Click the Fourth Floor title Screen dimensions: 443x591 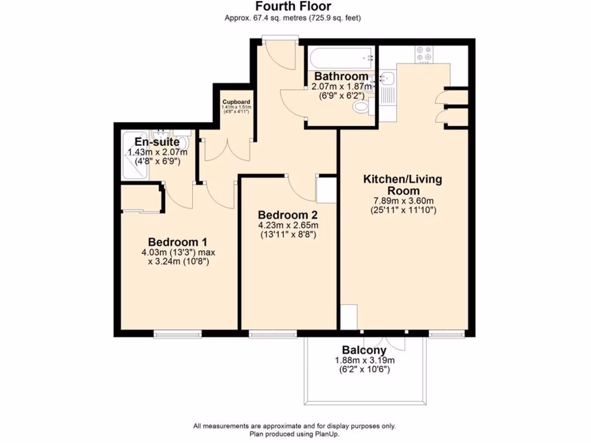pos(293,6)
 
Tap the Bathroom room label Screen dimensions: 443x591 pos(341,76)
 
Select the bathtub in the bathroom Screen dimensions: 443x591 pos(341,58)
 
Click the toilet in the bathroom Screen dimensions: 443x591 pos(361,107)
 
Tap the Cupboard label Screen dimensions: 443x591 pos(237,102)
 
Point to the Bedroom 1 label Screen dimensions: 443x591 pos(177,242)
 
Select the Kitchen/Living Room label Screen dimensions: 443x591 pos(402,185)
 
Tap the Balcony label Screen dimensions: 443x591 pos(364,350)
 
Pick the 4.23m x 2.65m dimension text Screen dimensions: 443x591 pos(288,225)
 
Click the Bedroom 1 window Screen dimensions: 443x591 pos(177,333)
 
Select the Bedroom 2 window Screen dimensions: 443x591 pos(272,333)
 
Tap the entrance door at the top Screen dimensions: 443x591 pos(280,39)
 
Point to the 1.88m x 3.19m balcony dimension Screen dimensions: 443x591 pos(364,361)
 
